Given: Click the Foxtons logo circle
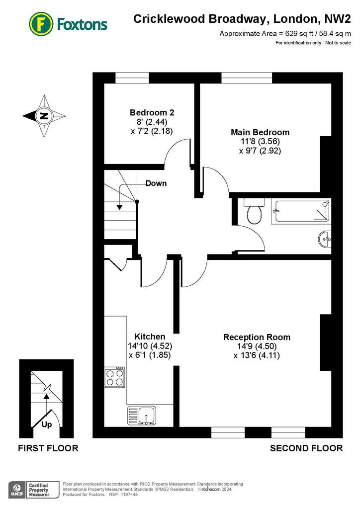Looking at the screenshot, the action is (41, 24).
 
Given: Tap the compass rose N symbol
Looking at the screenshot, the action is (44, 116).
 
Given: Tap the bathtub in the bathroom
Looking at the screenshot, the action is (301, 211).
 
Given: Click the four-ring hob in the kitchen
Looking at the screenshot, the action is (114, 377).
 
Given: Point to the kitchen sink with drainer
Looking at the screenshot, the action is (142, 416).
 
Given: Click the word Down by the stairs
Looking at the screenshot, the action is (156, 183).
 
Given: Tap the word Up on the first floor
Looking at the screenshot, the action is (47, 424).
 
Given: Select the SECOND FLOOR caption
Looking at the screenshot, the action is (306, 448).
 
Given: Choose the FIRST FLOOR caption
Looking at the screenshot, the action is (48, 448).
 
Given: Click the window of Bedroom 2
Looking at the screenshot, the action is (132, 78).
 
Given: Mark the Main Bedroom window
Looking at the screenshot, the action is (247, 78).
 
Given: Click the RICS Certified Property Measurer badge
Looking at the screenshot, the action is (34, 490).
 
